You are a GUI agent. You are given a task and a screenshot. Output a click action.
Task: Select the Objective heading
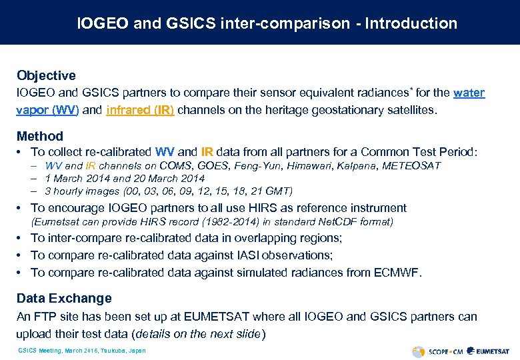point(46,75)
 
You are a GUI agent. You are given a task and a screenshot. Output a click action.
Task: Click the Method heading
point(40,136)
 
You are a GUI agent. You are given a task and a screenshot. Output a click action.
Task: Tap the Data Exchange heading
point(64,298)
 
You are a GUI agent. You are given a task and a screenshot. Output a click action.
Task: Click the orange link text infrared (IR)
point(140,109)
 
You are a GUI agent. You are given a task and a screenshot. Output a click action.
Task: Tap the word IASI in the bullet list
point(243,255)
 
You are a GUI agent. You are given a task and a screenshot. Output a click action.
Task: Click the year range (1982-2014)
point(191,221)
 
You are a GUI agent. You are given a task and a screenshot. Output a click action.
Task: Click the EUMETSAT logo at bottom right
point(488,351)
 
